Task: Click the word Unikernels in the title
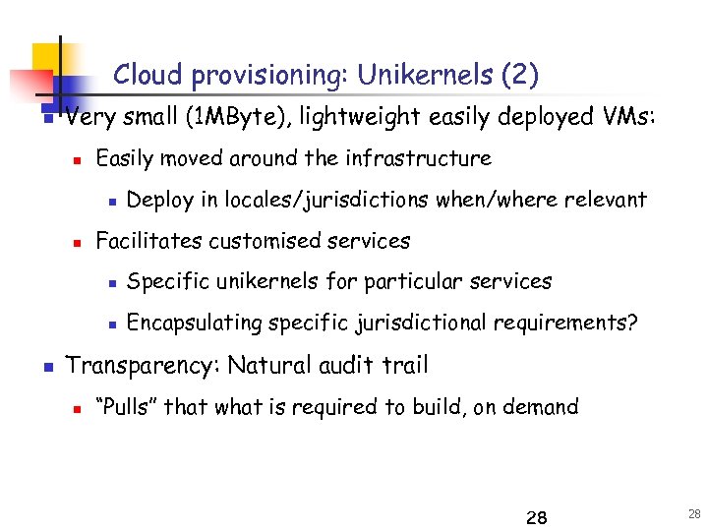425,75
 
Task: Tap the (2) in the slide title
520,75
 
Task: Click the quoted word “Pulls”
124,407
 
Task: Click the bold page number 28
537,518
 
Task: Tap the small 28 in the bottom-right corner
695,514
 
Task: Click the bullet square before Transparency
47,368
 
